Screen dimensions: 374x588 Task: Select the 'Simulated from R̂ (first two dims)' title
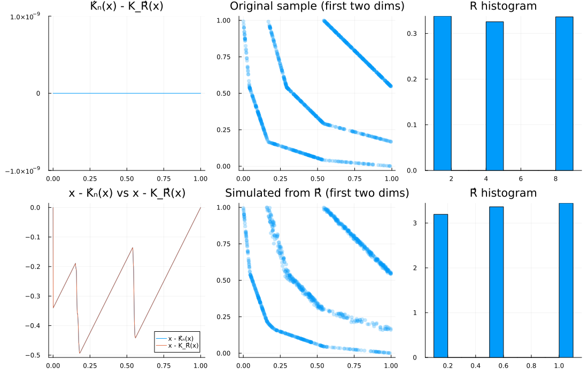317,193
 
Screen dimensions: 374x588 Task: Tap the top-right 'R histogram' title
503,6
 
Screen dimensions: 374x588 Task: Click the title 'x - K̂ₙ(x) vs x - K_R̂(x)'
127,193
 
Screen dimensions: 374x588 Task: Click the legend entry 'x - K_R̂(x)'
183,346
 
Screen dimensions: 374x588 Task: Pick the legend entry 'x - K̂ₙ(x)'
183,339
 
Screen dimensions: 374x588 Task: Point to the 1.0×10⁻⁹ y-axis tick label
26,17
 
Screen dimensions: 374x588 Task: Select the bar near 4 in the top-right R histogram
494,96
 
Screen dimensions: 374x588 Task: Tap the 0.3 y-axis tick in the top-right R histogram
415,33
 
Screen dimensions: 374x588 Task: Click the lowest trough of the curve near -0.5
80,353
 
